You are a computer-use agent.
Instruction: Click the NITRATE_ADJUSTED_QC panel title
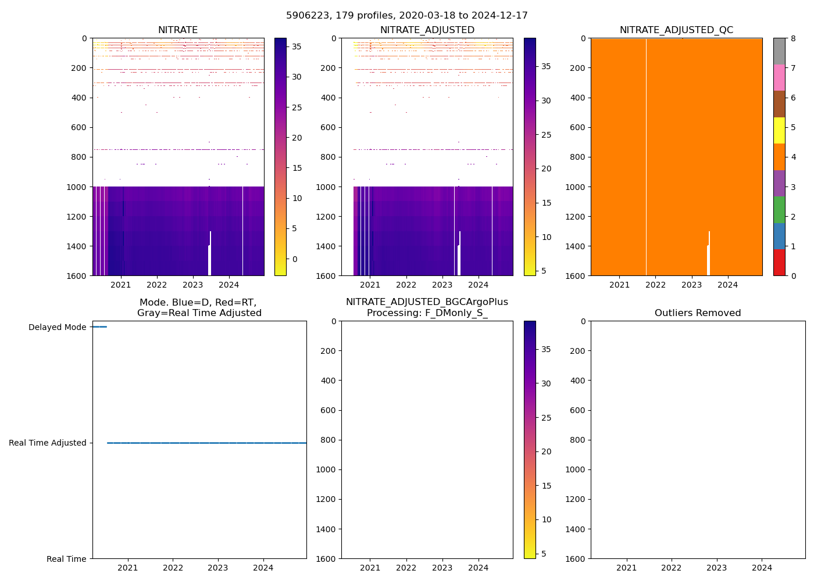[676, 30]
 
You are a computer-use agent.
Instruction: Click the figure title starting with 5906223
[407, 16]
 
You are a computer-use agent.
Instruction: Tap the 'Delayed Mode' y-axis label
[57, 327]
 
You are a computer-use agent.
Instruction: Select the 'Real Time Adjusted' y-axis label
[48, 443]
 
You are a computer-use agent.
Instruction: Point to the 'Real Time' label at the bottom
[66, 559]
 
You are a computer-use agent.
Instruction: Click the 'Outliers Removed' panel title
[698, 313]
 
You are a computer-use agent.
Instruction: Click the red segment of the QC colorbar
[779, 263]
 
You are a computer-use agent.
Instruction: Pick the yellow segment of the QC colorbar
[779, 130]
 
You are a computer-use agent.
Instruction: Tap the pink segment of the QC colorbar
[779, 77]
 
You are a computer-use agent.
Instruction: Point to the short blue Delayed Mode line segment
[99, 327]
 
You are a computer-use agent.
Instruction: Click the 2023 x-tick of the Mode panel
[218, 568]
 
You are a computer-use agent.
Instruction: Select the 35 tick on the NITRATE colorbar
[296, 47]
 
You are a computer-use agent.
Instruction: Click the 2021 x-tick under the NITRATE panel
[121, 285]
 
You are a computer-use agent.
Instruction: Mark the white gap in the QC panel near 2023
[709, 256]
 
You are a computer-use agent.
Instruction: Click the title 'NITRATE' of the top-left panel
[178, 30]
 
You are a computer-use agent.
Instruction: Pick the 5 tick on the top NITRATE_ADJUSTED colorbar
[546, 271]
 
